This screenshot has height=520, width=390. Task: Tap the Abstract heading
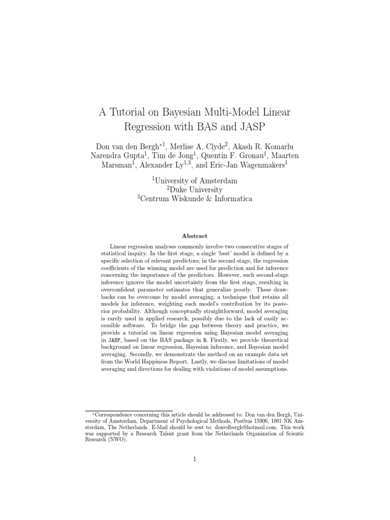pos(195,236)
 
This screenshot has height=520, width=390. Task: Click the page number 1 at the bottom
pos(194,460)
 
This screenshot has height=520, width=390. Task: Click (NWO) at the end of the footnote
pos(117,440)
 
